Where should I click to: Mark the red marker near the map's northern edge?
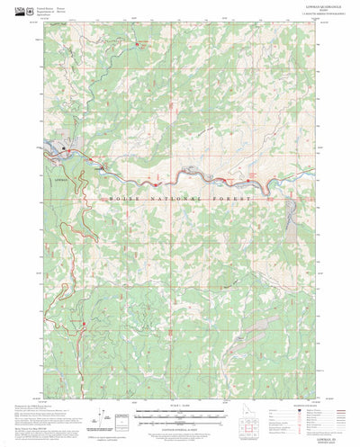click(x=138, y=41)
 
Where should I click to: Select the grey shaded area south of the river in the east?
click(x=291, y=212)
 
